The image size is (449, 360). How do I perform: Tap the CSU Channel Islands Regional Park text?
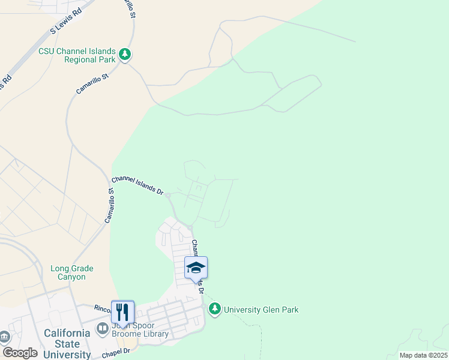pyautogui.click(x=77, y=56)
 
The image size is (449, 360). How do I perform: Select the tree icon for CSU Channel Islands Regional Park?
pyautogui.click(x=125, y=55)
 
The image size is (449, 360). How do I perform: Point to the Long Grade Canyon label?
pyautogui.click(x=68, y=273)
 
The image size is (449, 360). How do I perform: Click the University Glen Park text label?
pyautogui.click(x=261, y=310)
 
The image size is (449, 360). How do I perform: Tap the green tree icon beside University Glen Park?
pyautogui.click(x=215, y=309)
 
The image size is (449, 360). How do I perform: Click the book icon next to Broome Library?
pyautogui.click(x=102, y=329)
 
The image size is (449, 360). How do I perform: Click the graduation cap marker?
pyautogui.click(x=196, y=268)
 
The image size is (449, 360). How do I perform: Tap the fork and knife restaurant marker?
pyautogui.click(x=122, y=311)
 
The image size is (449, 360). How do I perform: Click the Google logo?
pyautogui.click(x=19, y=353)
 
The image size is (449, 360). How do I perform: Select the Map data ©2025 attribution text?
pyautogui.click(x=423, y=355)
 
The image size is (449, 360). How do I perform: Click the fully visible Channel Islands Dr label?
pyautogui.click(x=137, y=185)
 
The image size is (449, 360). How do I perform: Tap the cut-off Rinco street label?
pyautogui.click(x=102, y=308)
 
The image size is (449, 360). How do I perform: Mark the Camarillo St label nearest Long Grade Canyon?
pyautogui.click(x=110, y=206)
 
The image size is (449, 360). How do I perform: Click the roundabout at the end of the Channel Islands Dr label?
pyautogui.click(x=169, y=196)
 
